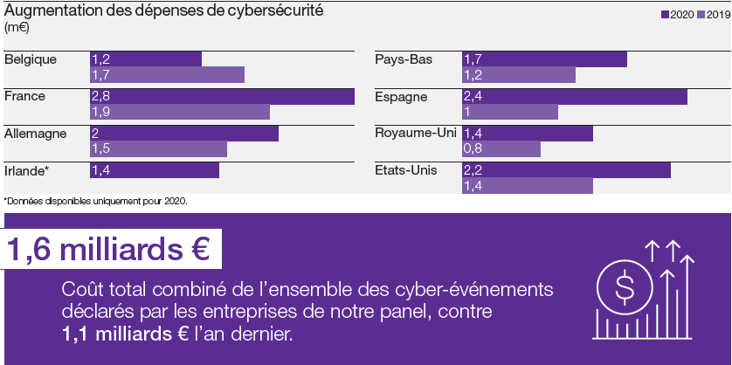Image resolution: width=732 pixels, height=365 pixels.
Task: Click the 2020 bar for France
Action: (222, 96)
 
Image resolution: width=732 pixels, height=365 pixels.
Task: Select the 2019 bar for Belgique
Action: (167, 75)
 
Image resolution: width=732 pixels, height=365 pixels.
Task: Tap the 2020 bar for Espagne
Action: (574, 96)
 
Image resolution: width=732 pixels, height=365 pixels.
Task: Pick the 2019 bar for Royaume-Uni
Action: (501, 149)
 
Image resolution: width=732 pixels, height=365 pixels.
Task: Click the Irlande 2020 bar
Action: (154, 170)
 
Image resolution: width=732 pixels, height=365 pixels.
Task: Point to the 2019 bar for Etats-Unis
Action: (527, 186)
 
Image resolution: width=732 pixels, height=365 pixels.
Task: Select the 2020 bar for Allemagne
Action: (183, 133)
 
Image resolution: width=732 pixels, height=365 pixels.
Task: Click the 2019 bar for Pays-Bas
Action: (518, 75)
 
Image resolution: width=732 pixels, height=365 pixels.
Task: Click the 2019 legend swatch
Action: (701, 15)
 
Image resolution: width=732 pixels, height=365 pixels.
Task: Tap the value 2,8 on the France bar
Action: (100, 96)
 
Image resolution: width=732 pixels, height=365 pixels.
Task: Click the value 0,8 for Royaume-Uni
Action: (473, 149)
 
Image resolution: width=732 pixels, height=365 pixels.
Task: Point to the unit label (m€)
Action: (17, 28)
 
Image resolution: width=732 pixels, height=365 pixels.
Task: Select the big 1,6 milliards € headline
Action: (109, 250)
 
